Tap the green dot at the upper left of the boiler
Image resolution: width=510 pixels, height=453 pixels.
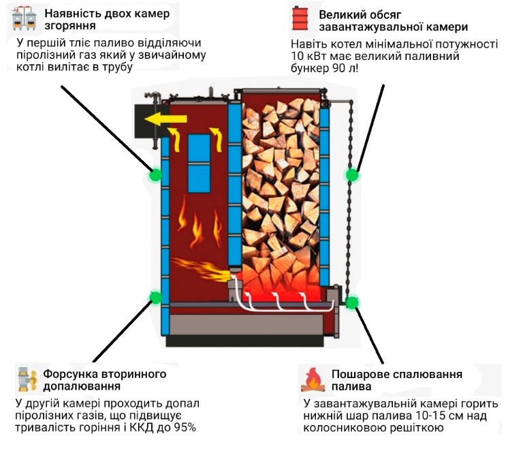pyautogui.click(x=155, y=174)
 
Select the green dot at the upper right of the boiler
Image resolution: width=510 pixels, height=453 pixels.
pyautogui.click(x=352, y=175)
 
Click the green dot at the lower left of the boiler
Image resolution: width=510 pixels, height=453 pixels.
pyautogui.click(x=155, y=297)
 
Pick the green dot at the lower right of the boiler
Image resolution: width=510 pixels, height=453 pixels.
pyautogui.click(x=352, y=302)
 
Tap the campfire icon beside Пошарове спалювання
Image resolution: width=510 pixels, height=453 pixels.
pyautogui.click(x=311, y=380)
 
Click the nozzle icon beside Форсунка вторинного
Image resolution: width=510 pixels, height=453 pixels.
pyautogui.click(x=27, y=380)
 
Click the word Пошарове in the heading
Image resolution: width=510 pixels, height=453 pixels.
pyautogui.click(x=358, y=374)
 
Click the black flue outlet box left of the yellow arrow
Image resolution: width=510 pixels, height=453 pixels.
pyautogui.click(x=144, y=121)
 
